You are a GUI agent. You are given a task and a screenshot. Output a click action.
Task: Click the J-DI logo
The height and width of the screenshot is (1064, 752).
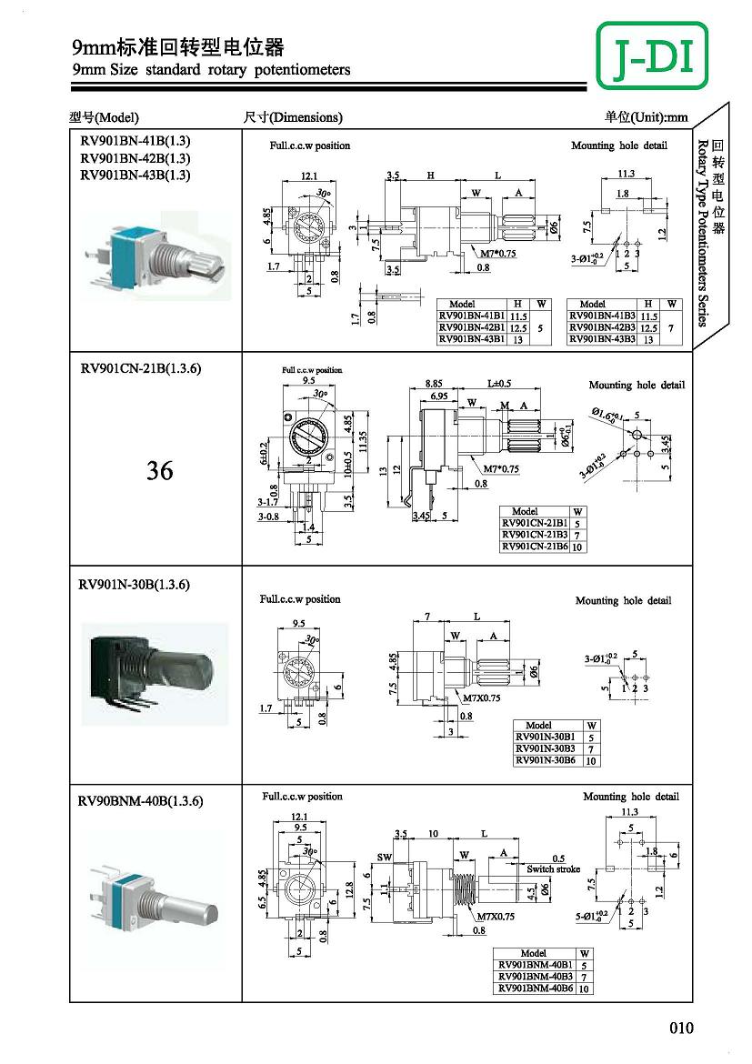pyautogui.click(x=653, y=55)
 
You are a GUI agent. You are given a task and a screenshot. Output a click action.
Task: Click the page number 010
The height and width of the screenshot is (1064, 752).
pyautogui.click(x=681, y=1029)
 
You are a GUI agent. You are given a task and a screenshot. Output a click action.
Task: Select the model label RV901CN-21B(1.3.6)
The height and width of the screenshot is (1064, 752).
pyautogui.click(x=140, y=368)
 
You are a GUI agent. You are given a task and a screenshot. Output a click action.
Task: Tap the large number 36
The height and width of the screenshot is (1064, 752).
pyautogui.click(x=159, y=471)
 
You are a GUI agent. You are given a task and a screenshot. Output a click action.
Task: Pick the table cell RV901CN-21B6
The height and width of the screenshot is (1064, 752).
pyautogui.click(x=535, y=547)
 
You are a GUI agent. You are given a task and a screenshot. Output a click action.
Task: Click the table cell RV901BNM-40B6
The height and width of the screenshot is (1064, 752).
pyautogui.click(x=535, y=988)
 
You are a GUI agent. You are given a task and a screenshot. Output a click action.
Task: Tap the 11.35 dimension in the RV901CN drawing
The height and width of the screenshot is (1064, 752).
pyautogui.click(x=364, y=441)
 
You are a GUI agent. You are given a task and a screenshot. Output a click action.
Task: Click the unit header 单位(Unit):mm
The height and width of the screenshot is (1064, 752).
pyautogui.click(x=646, y=117)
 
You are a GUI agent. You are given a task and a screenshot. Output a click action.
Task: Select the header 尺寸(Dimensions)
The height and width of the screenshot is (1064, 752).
pyautogui.click(x=293, y=117)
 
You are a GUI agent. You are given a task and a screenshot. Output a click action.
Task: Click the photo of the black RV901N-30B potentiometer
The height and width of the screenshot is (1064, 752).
pyautogui.click(x=155, y=673)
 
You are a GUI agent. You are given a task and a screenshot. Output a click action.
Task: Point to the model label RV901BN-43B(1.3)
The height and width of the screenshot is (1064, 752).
pyautogui.click(x=135, y=175)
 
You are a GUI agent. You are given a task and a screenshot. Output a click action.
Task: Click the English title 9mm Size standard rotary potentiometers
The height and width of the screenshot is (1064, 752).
pyautogui.click(x=210, y=69)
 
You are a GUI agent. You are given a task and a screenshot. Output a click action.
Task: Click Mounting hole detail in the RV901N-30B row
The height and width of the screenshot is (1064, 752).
pyautogui.click(x=623, y=600)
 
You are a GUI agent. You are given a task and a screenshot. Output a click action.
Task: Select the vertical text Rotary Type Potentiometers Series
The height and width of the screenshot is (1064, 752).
pyautogui.click(x=703, y=232)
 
